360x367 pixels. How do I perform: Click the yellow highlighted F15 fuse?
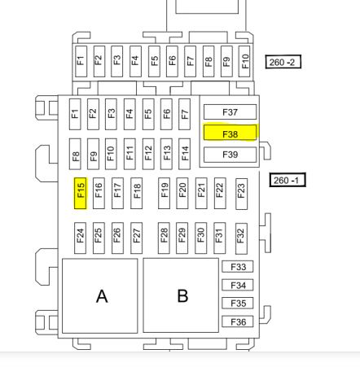pyautogui.click(x=81, y=194)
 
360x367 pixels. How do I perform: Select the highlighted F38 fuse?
pyautogui.click(x=230, y=133)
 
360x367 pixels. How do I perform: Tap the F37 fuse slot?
pyautogui.click(x=230, y=111)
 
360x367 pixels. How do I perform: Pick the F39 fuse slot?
pyautogui.click(x=230, y=155)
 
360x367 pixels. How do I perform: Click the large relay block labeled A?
pyautogui.click(x=100, y=295)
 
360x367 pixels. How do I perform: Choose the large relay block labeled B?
pyautogui.click(x=181, y=295)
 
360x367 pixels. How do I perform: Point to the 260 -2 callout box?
pyautogui.click(x=283, y=62)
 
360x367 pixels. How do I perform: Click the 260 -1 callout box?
pyautogui.click(x=288, y=180)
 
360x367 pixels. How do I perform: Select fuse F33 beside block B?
pyautogui.click(x=238, y=267)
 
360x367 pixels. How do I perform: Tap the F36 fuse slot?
pyautogui.click(x=238, y=321)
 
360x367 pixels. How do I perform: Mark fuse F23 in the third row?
pyautogui.click(x=241, y=194)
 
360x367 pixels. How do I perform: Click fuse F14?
pyautogui.click(x=185, y=154)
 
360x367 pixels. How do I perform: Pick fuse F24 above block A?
pyautogui.click(x=81, y=238)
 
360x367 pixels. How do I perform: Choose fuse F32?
pyautogui.click(x=241, y=238)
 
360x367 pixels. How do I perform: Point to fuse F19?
pyautogui.click(x=165, y=194)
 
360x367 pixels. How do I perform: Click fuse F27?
pyautogui.click(x=137, y=238)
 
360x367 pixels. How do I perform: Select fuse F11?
pyautogui.click(x=130, y=154)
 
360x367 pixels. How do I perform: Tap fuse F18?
pyautogui.click(x=137, y=194)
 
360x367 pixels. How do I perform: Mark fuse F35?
pyautogui.click(x=238, y=304)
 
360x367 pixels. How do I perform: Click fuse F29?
pyautogui.click(x=182, y=238)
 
